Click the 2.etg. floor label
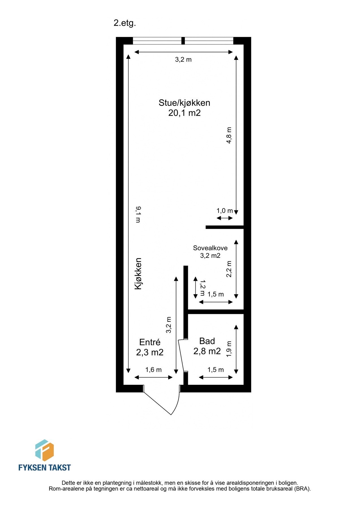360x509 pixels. (125, 23)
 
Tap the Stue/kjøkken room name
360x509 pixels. (184, 103)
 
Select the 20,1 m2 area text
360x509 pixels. (184, 113)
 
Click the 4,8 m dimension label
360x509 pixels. (229, 135)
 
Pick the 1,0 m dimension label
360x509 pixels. (225, 211)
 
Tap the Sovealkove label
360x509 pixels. (210, 248)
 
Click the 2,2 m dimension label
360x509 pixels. (229, 269)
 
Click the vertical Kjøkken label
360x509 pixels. (138, 273)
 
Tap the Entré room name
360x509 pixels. (150, 342)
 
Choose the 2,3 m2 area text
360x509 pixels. (150, 352)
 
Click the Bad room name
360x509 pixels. (207, 341)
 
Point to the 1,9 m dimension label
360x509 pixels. (229, 349)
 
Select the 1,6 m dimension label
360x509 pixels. (153, 370)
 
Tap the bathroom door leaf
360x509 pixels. (181, 355)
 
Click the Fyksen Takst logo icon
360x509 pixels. (44, 450)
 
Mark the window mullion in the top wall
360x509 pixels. (183, 41)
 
